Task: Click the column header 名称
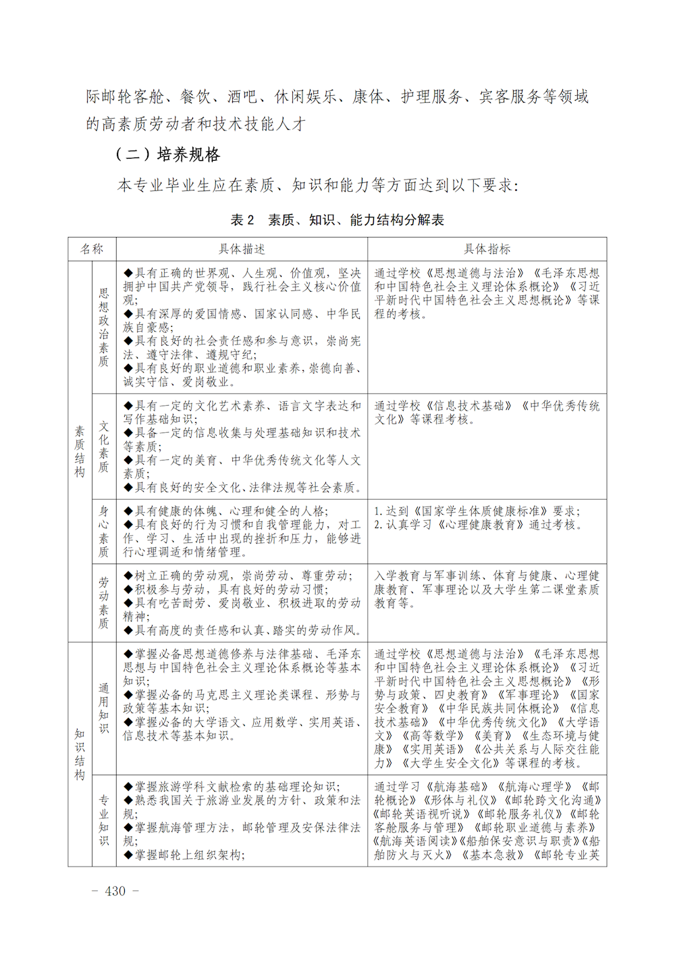(92, 249)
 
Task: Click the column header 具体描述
(242, 249)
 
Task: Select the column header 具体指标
(487, 249)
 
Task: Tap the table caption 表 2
(242, 220)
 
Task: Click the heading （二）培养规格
(167, 155)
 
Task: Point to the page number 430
(115, 891)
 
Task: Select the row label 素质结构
(80, 451)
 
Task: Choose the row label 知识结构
(80, 754)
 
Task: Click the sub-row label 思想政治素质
(103, 327)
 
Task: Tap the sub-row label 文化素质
(103, 446)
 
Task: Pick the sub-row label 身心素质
(103, 532)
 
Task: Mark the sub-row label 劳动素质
(103, 602)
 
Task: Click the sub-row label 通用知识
(103, 708)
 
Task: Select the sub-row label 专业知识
(103, 821)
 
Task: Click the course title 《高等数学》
(432, 735)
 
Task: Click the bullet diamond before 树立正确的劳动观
(128, 576)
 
